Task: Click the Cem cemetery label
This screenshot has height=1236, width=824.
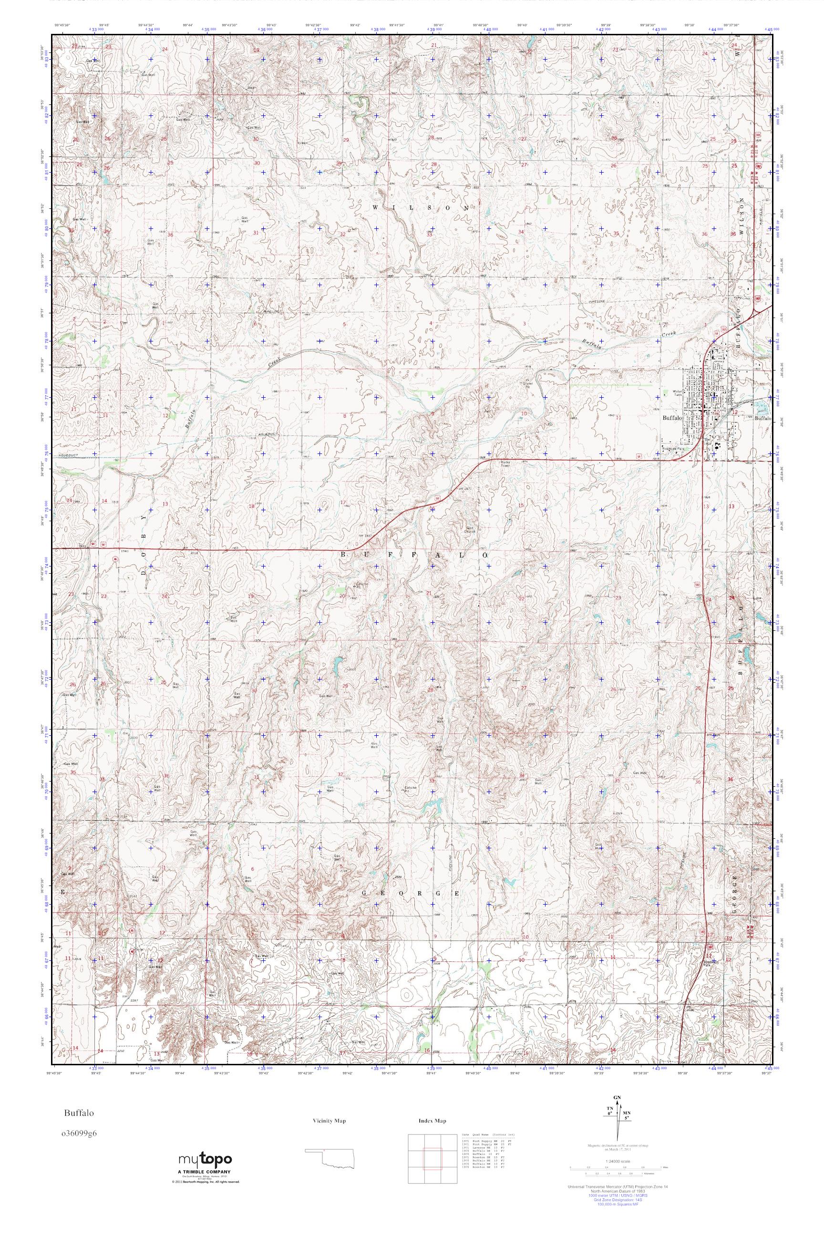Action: click(x=560, y=142)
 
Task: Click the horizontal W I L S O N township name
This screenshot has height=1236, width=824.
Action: click(x=421, y=208)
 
